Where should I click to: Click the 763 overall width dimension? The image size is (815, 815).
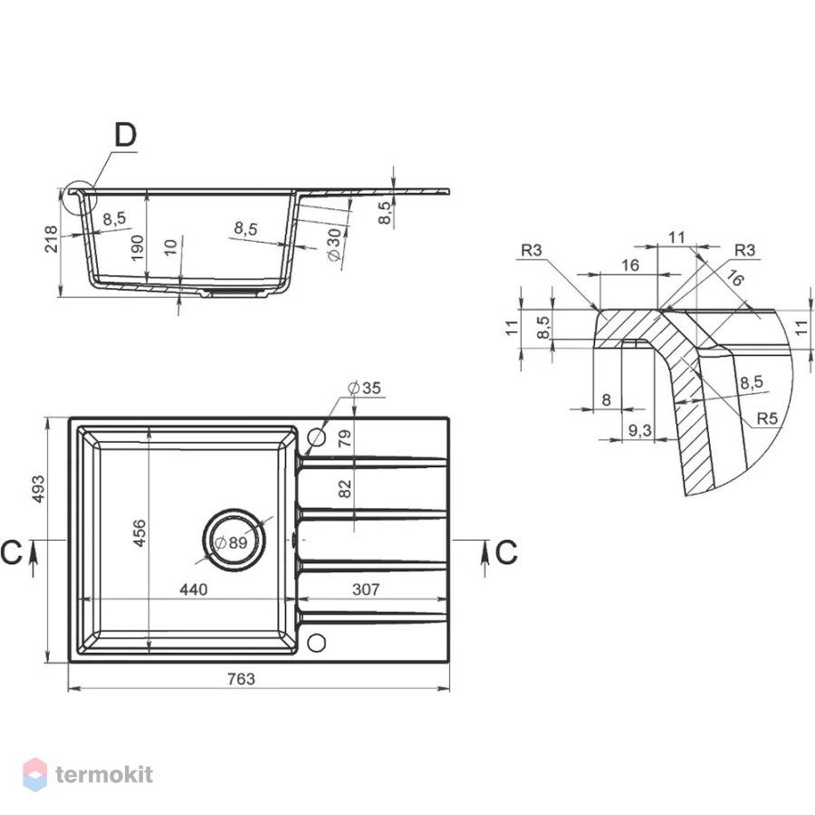241,678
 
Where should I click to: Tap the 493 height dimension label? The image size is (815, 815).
38,489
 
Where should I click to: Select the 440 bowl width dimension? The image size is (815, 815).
194,589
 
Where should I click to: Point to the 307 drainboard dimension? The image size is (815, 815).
366,589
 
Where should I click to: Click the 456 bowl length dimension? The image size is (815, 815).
139,532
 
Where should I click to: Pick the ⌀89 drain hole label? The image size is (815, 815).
231,542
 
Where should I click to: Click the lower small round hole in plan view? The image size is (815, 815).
316,642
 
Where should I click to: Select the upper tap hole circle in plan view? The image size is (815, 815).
316,437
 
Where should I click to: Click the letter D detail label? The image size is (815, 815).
125,135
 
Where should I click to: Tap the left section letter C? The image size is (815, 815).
12,552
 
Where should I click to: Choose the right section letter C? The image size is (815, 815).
506,552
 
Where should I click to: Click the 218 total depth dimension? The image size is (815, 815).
51,238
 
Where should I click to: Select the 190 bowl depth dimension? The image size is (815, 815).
137,247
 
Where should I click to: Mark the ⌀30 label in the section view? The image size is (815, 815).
335,244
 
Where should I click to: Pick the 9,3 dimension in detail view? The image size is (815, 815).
639,430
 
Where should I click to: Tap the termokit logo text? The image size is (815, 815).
104,774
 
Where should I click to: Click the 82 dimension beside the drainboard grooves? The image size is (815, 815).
345,489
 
